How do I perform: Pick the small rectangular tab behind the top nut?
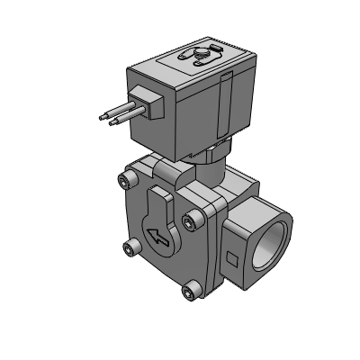click(213, 50)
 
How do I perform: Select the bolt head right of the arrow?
click(189, 220)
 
